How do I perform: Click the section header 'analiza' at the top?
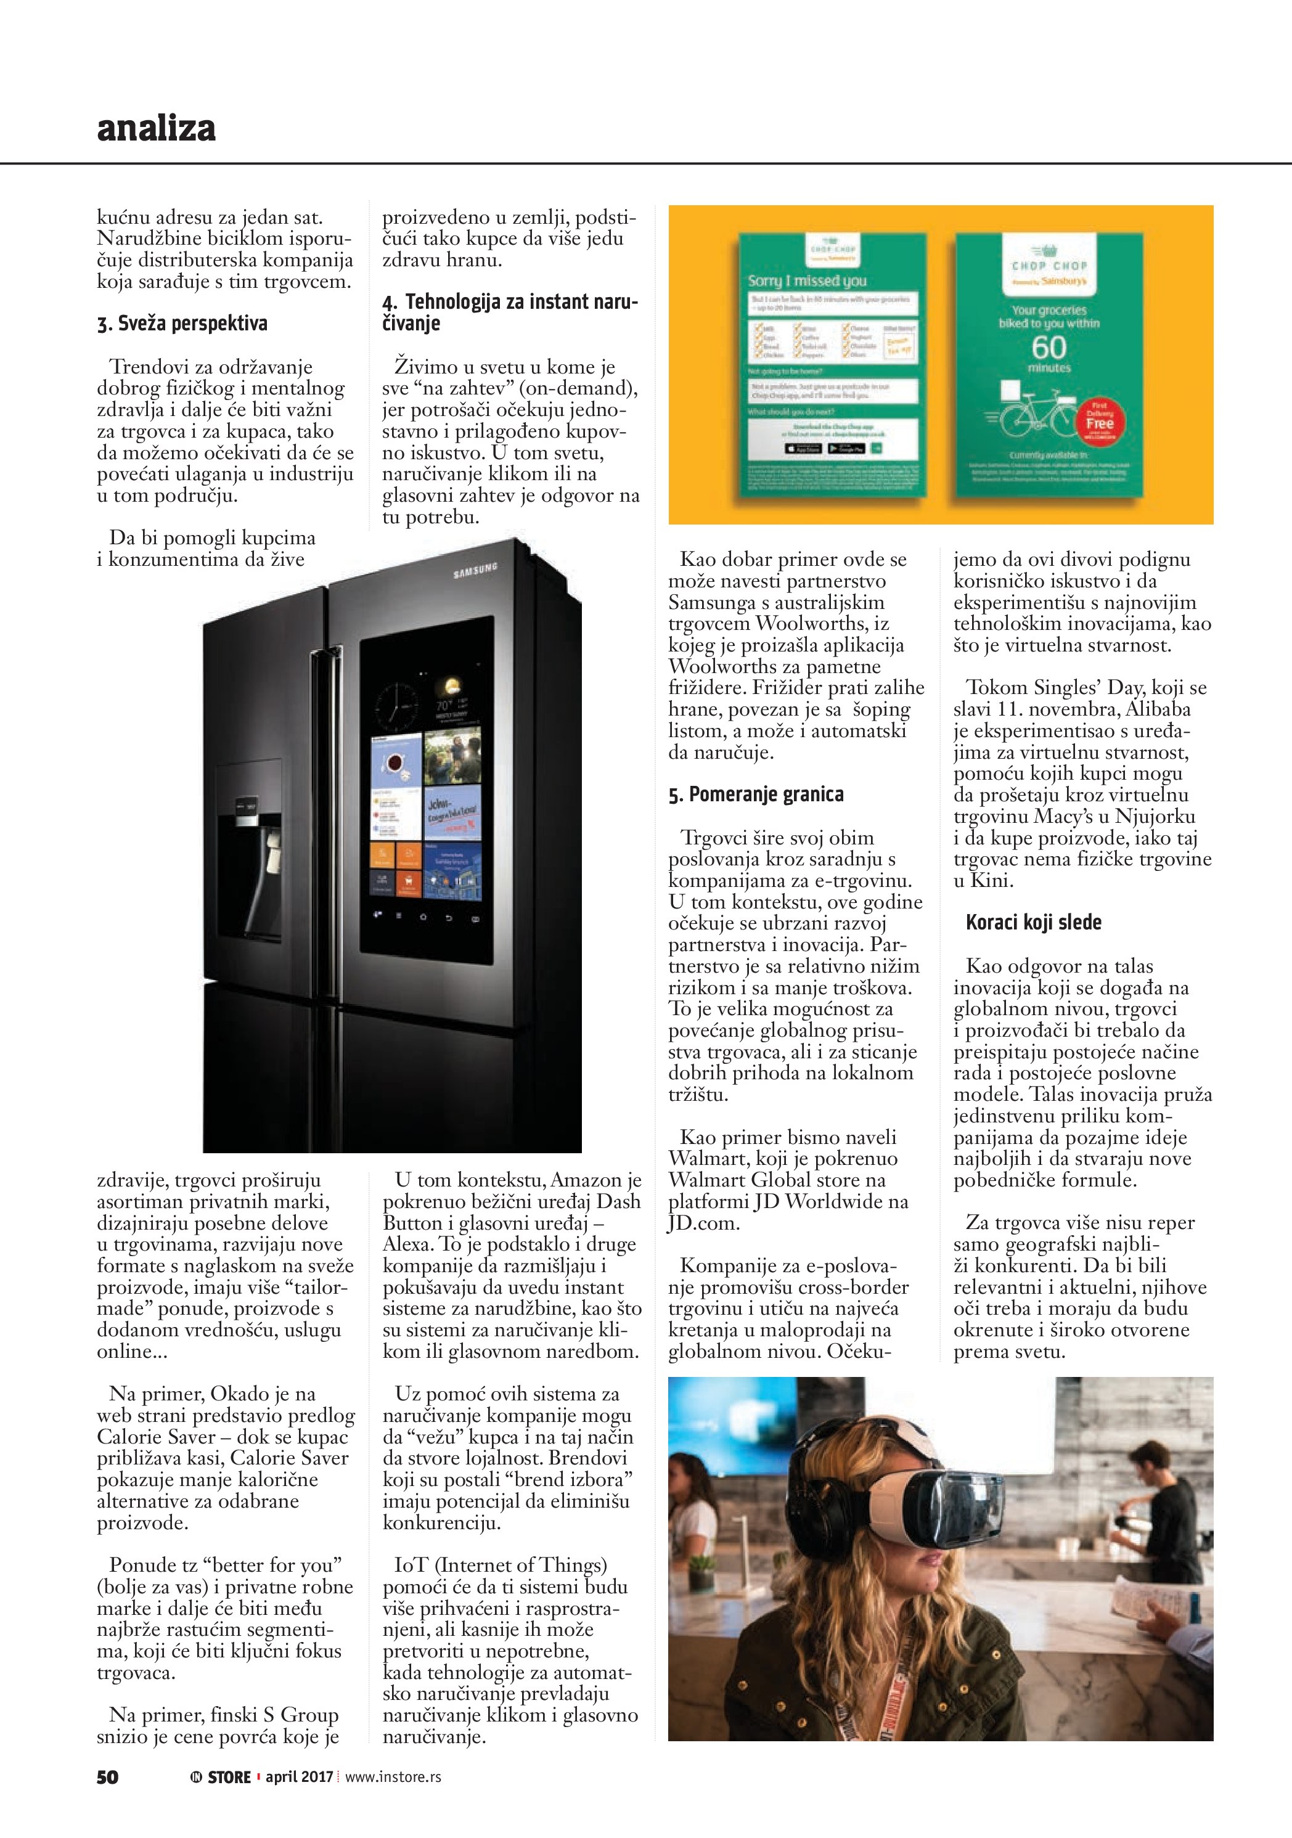click(x=156, y=129)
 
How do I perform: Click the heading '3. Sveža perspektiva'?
click(x=182, y=324)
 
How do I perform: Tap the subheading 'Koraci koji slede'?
click(x=1032, y=922)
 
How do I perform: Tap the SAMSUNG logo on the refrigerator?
click(x=475, y=571)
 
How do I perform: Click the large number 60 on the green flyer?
click(x=1049, y=348)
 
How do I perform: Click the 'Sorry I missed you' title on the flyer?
click(x=807, y=281)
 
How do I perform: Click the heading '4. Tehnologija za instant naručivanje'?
click(x=510, y=312)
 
